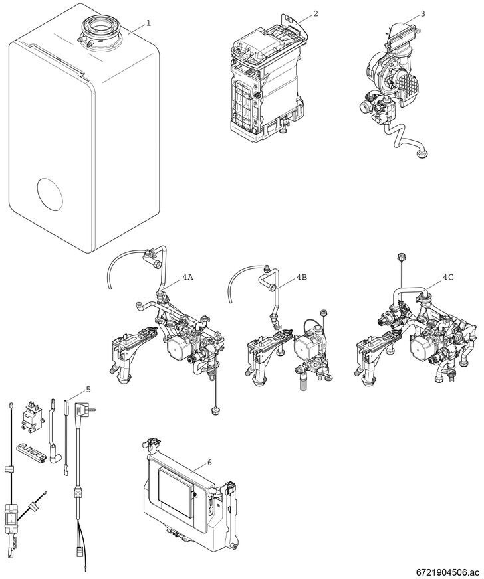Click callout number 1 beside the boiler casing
148,23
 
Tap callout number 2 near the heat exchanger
315,14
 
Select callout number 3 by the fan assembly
423,14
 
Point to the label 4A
187,278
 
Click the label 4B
301,278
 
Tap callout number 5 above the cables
88,389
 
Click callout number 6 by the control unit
209,463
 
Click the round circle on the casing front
50,195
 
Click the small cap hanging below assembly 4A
215,411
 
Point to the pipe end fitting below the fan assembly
422,152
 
